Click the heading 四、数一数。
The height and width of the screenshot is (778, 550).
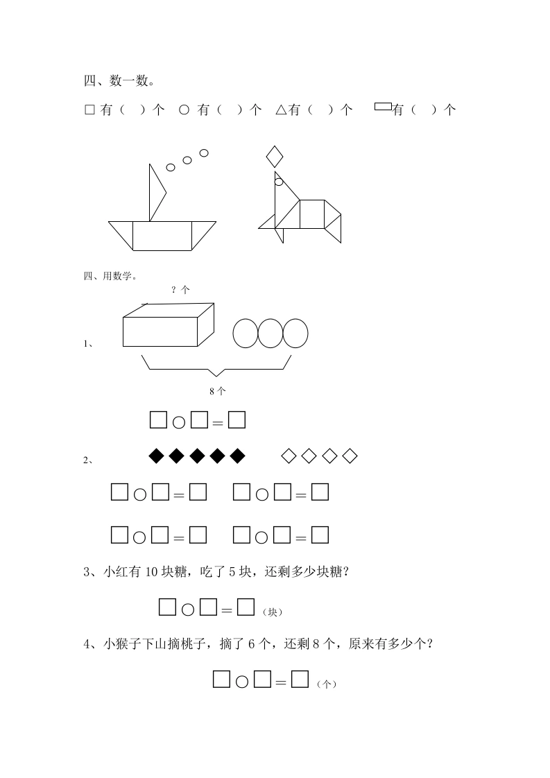click(x=119, y=80)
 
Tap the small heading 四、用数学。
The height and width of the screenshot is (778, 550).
click(x=110, y=276)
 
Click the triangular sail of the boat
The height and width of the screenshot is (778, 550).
click(x=156, y=193)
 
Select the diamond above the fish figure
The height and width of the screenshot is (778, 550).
click(x=275, y=157)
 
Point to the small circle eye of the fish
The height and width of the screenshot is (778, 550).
click(x=279, y=182)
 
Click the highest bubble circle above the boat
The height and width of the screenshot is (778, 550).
click(x=203, y=153)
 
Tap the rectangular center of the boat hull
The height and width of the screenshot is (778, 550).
click(x=162, y=236)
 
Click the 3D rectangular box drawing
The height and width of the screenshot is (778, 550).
click(x=169, y=325)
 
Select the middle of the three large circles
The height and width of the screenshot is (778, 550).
click(x=270, y=333)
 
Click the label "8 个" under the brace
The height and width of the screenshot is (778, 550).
click(x=217, y=391)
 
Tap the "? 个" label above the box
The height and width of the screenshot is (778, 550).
click(x=180, y=290)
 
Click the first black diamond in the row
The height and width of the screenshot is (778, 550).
click(x=156, y=456)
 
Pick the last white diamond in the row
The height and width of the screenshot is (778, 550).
click(x=350, y=456)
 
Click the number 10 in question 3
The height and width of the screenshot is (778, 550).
click(x=151, y=572)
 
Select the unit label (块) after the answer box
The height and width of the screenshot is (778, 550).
click(x=273, y=612)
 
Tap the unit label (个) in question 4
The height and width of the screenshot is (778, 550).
click(x=327, y=684)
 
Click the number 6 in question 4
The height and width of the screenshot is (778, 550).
click(x=251, y=644)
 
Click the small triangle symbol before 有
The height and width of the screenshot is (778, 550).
click(x=281, y=110)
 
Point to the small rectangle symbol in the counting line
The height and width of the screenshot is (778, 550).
click(x=384, y=106)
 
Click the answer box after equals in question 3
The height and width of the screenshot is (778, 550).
click(x=246, y=607)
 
